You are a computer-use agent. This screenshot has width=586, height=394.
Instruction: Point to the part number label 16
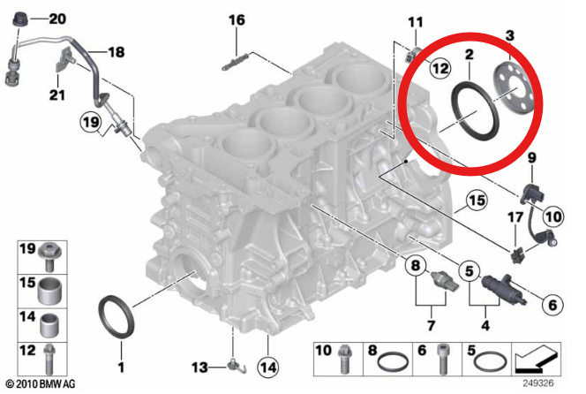point(237,19)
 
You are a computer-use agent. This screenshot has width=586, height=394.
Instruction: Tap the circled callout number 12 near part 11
point(439,67)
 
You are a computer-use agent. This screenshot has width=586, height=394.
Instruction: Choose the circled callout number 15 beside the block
point(477,201)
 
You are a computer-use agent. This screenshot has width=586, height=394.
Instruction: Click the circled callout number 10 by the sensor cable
point(551,214)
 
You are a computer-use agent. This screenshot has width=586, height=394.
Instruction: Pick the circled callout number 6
point(548,306)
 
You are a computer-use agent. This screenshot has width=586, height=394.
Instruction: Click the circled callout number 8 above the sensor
point(412,264)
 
